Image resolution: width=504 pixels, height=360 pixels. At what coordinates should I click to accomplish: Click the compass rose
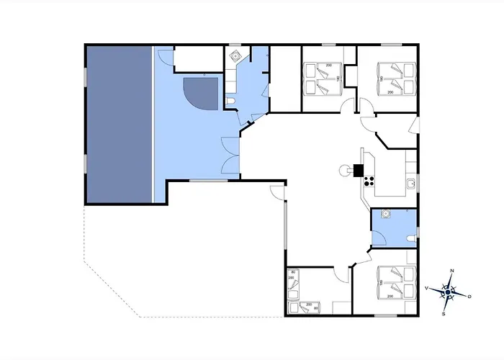pos(448,292)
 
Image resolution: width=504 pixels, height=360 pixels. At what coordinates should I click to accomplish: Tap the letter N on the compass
pos(451,271)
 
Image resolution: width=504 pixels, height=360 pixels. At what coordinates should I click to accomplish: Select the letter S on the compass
pos(444,313)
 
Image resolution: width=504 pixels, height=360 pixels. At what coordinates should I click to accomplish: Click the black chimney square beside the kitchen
pos(358,171)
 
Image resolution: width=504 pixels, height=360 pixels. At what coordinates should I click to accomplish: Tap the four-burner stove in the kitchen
pos(370,181)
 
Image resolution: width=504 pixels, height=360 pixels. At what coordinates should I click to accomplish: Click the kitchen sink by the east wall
pos(410,183)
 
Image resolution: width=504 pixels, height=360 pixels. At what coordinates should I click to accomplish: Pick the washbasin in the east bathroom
pos(386,214)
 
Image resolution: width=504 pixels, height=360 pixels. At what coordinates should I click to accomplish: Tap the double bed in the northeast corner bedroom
pos(395,78)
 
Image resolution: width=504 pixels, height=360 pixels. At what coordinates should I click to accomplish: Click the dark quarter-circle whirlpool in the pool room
pos(201,91)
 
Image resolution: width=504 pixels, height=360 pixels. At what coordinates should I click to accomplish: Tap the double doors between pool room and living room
pos(231,154)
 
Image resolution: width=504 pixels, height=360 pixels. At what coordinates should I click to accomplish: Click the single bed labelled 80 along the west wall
pos(292,282)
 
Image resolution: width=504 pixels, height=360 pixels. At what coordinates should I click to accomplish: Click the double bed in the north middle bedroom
pos(321,78)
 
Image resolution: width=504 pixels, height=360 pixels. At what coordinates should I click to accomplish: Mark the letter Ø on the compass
pos(469,297)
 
